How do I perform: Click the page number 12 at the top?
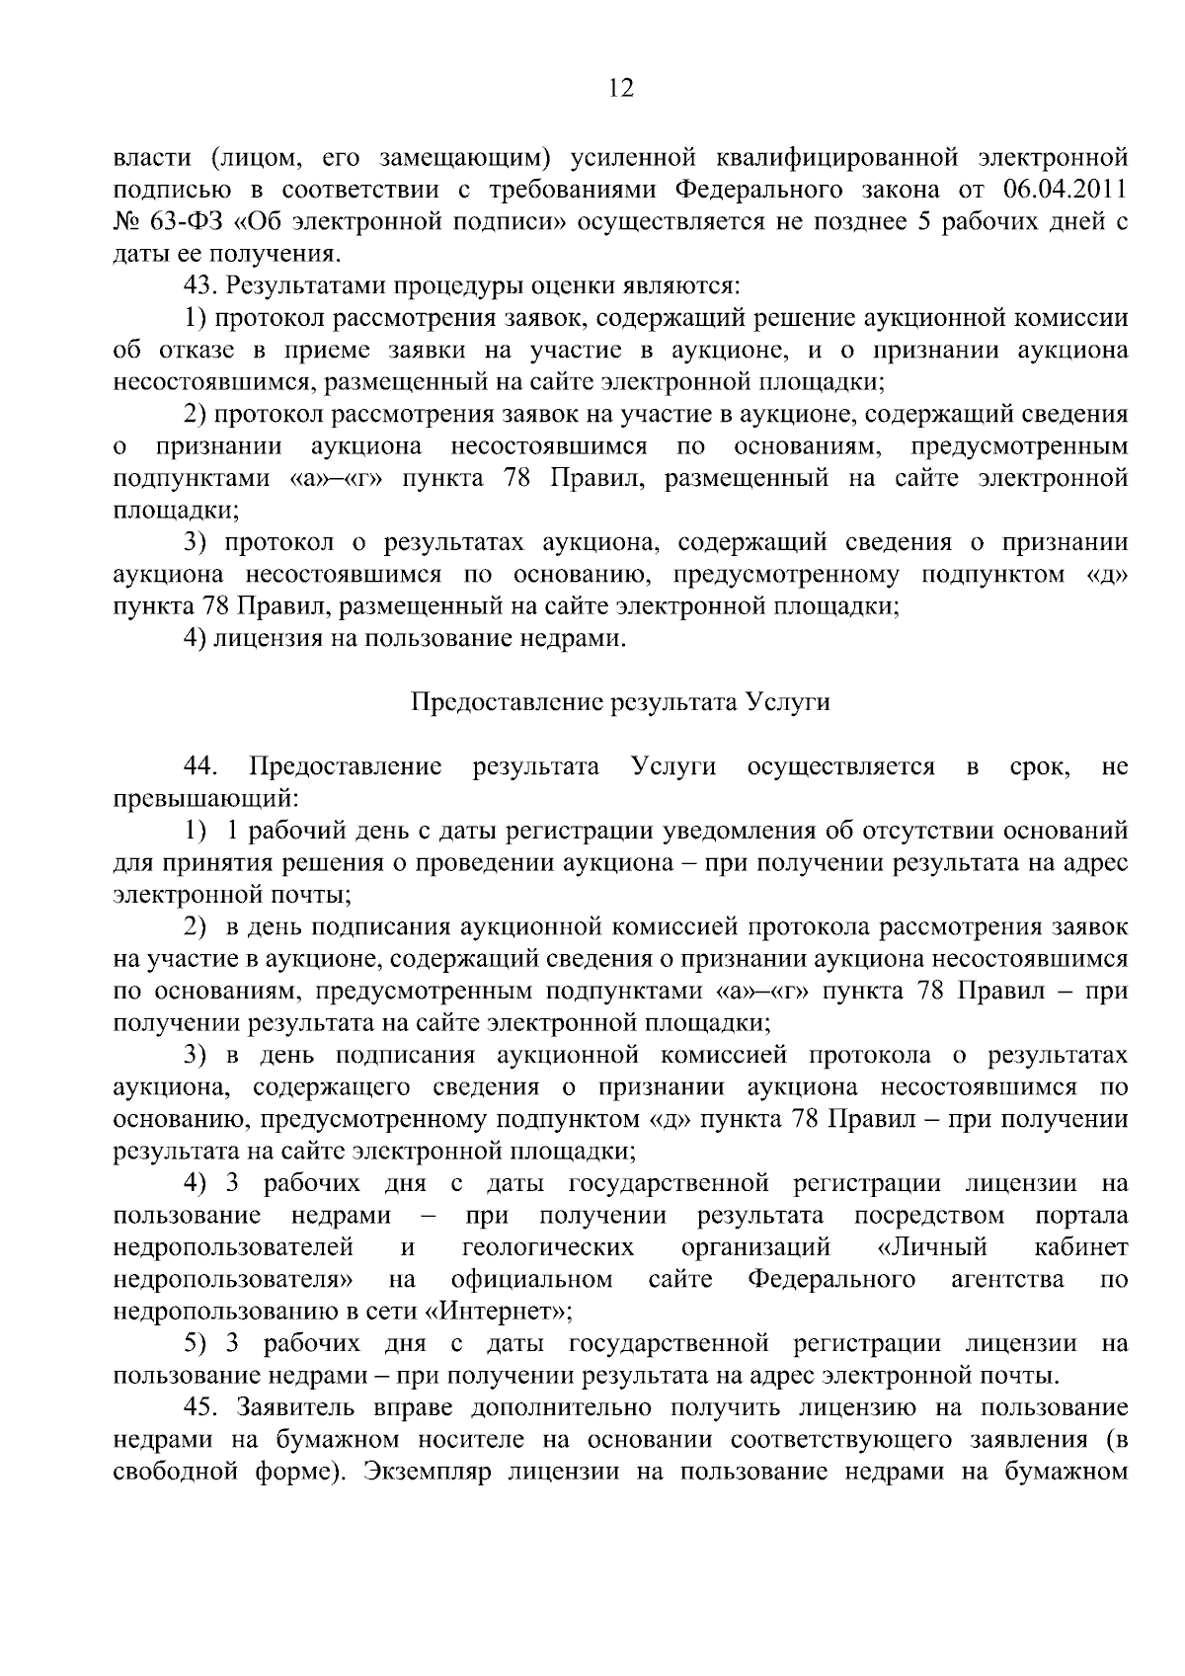[x=620, y=89]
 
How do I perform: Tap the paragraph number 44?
[x=201, y=766]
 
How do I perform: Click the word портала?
[x=1082, y=1214]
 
